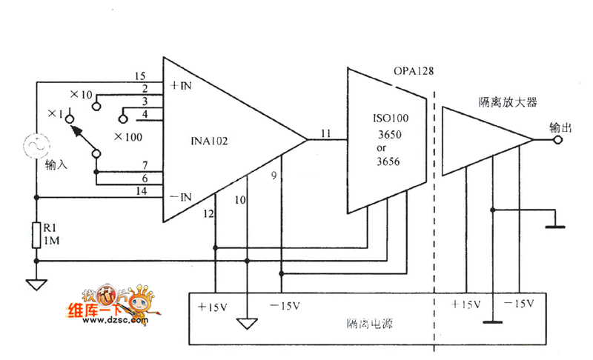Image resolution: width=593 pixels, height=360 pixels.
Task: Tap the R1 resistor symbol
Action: [36, 236]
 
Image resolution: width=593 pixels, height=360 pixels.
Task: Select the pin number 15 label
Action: [140, 76]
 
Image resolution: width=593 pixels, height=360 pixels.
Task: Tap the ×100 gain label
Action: [128, 137]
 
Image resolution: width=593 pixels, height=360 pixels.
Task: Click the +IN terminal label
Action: [181, 85]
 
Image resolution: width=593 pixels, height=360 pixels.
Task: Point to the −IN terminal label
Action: [182, 196]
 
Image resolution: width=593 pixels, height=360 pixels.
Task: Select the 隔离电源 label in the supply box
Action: [364, 324]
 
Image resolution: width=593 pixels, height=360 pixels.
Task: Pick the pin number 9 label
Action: [274, 176]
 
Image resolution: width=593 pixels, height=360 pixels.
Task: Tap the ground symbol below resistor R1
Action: [36, 283]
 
